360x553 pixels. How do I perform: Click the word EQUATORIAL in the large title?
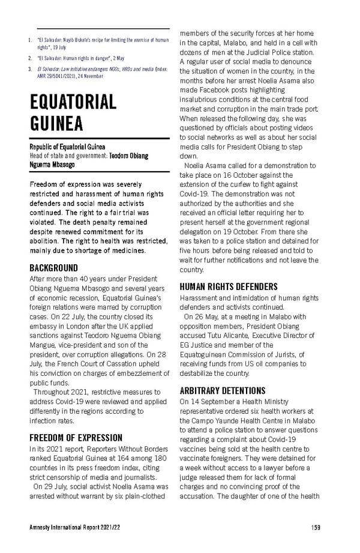(x=73, y=101)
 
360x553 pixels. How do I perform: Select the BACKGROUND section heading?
(x=54, y=268)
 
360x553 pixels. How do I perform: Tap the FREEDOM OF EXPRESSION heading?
(x=76, y=437)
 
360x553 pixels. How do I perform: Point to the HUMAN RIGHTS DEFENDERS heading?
(x=229, y=287)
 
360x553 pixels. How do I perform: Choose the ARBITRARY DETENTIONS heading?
(x=222, y=373)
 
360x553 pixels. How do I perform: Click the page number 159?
(x=316, y=527)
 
